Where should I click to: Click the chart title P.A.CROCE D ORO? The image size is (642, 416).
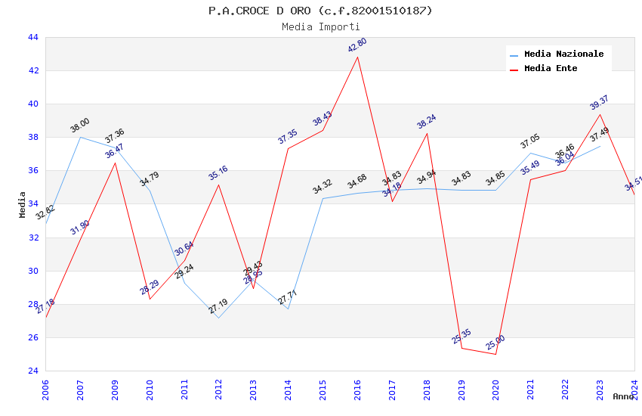[320, 11]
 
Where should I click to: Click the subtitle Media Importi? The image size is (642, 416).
[320, 26]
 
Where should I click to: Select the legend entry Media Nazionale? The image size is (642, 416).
[563, 54]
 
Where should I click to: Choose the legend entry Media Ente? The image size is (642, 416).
[551, 68]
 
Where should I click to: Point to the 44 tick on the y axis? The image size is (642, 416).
[32, 37]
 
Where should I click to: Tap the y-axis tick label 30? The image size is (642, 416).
[32, 271]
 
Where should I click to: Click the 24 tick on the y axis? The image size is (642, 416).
[32, 371]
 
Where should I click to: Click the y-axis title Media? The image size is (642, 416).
[23, 204]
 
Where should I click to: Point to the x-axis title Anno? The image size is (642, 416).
[623, 396]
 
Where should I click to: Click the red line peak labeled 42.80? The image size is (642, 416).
[357, 57]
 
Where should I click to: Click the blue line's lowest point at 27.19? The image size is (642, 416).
[218, 318]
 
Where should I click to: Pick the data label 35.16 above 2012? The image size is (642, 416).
[218, 173]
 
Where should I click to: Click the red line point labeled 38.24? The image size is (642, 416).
[427, 133]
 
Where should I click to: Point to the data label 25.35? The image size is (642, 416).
[461, 337]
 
